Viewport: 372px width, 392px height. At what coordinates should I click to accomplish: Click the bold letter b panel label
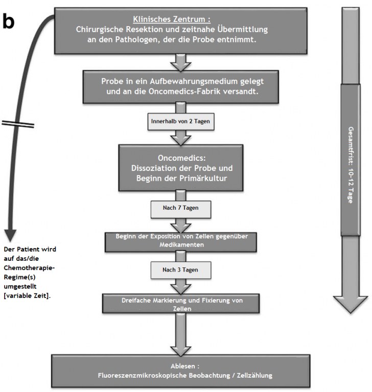9,21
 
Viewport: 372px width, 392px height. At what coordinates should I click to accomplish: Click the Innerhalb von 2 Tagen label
181,121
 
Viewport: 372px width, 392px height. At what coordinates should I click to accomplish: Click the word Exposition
166,236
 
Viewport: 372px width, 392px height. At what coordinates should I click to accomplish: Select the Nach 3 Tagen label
181,270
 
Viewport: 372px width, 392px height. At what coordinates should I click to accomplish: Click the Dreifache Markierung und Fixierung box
181,304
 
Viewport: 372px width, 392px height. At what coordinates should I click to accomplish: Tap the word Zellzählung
254,376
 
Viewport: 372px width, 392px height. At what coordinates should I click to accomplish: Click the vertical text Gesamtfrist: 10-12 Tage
351,165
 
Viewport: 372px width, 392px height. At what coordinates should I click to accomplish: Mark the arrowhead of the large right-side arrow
351,304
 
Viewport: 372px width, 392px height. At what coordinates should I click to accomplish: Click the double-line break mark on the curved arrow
18,124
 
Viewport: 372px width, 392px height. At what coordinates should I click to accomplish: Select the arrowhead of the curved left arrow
11,235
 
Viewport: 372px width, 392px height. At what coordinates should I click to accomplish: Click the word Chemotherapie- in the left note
29,268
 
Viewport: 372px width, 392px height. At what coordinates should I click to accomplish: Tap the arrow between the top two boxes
181,62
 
